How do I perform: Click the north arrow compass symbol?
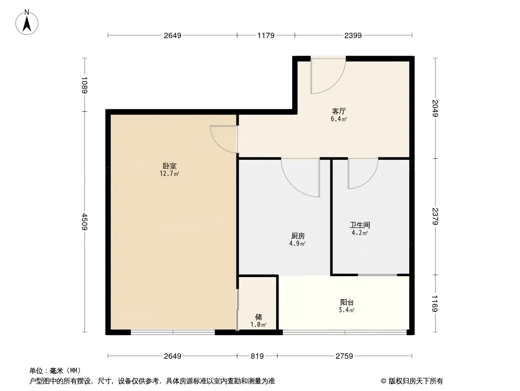pos(27,22)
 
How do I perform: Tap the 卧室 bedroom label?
pos(169,166)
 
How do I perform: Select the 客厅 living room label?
pos(339,111)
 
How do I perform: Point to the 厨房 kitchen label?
pos(298,236)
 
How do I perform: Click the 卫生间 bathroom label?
pos(360,225)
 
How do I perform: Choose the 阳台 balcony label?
pos(347,303)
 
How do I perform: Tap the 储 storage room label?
pos(259,317)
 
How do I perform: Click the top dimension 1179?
pos(266,35)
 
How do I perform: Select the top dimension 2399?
pos(353,35)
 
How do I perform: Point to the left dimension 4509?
pos(84,221)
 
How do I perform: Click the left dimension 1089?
pos(84,85)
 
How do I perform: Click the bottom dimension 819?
pos(257,356)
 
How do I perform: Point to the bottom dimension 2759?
pos(344,356)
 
